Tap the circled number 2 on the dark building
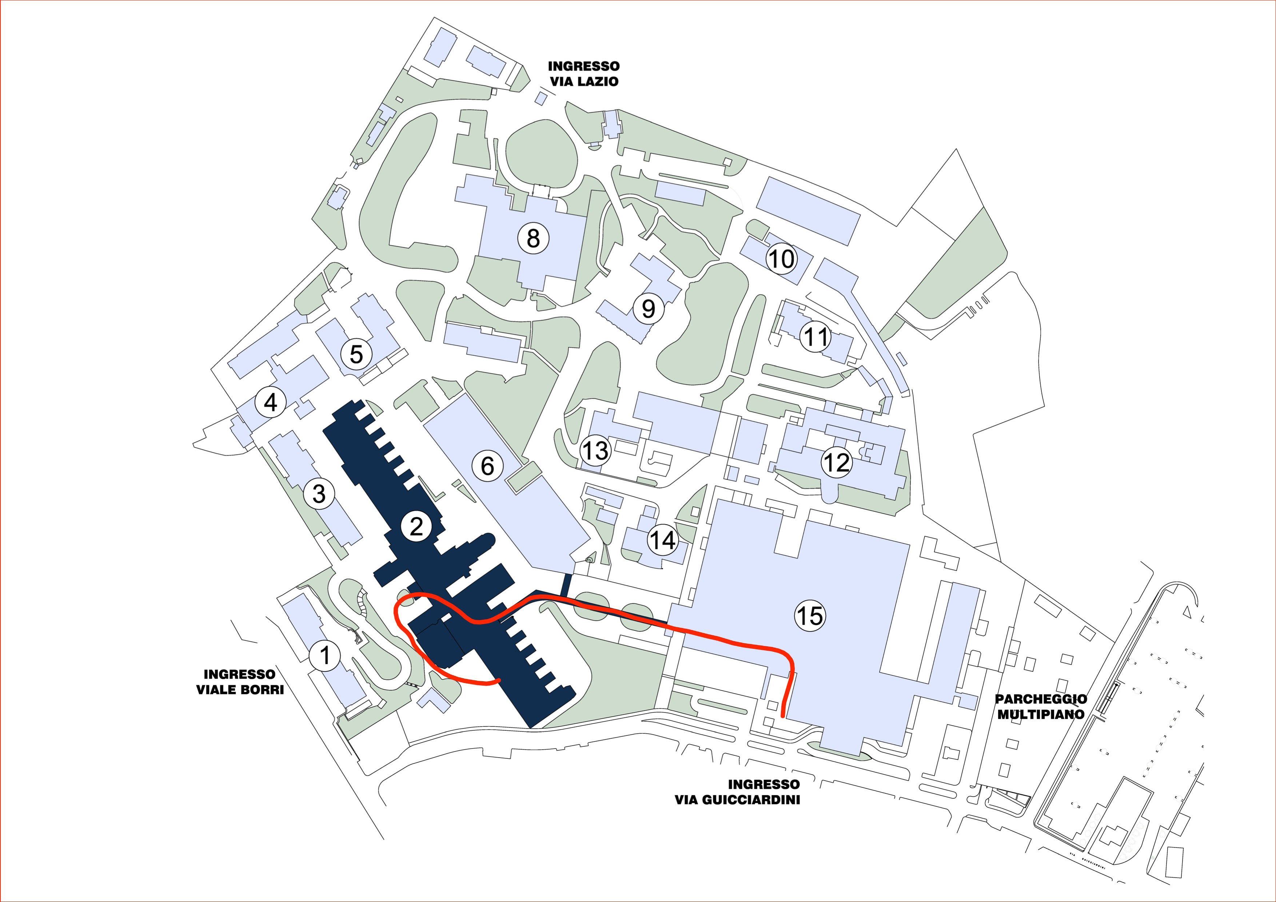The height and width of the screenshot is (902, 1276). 416,526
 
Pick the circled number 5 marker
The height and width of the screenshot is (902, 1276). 356,354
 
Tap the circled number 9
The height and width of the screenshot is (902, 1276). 649,308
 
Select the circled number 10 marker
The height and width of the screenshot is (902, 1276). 781,259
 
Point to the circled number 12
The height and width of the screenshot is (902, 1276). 836,462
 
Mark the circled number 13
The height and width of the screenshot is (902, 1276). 595,450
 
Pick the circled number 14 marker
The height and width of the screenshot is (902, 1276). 662,540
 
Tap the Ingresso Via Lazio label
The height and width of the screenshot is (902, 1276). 583,74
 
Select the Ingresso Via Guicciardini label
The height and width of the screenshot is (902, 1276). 737,792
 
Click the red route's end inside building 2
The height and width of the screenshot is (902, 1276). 499,680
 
